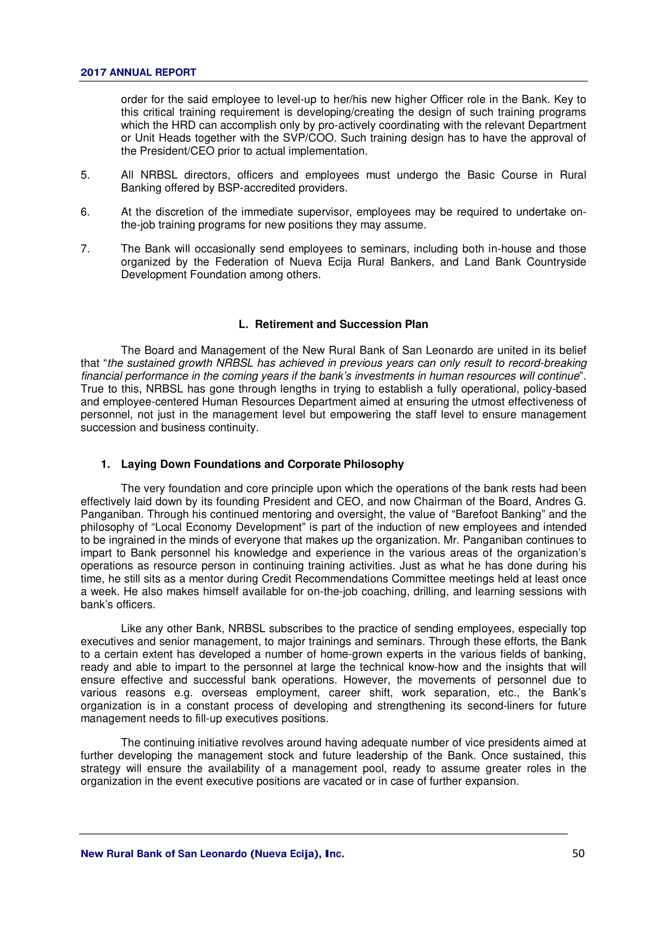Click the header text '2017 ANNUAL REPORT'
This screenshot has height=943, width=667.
138,72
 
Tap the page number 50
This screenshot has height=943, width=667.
578,853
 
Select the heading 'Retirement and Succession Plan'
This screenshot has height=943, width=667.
341,324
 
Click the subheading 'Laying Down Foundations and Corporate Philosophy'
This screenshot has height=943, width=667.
262,464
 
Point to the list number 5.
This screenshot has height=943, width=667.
85,175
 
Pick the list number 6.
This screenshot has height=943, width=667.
85,212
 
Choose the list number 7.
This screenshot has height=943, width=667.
85,249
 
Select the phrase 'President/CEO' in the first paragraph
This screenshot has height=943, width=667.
177,151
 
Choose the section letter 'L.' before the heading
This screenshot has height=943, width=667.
244,324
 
